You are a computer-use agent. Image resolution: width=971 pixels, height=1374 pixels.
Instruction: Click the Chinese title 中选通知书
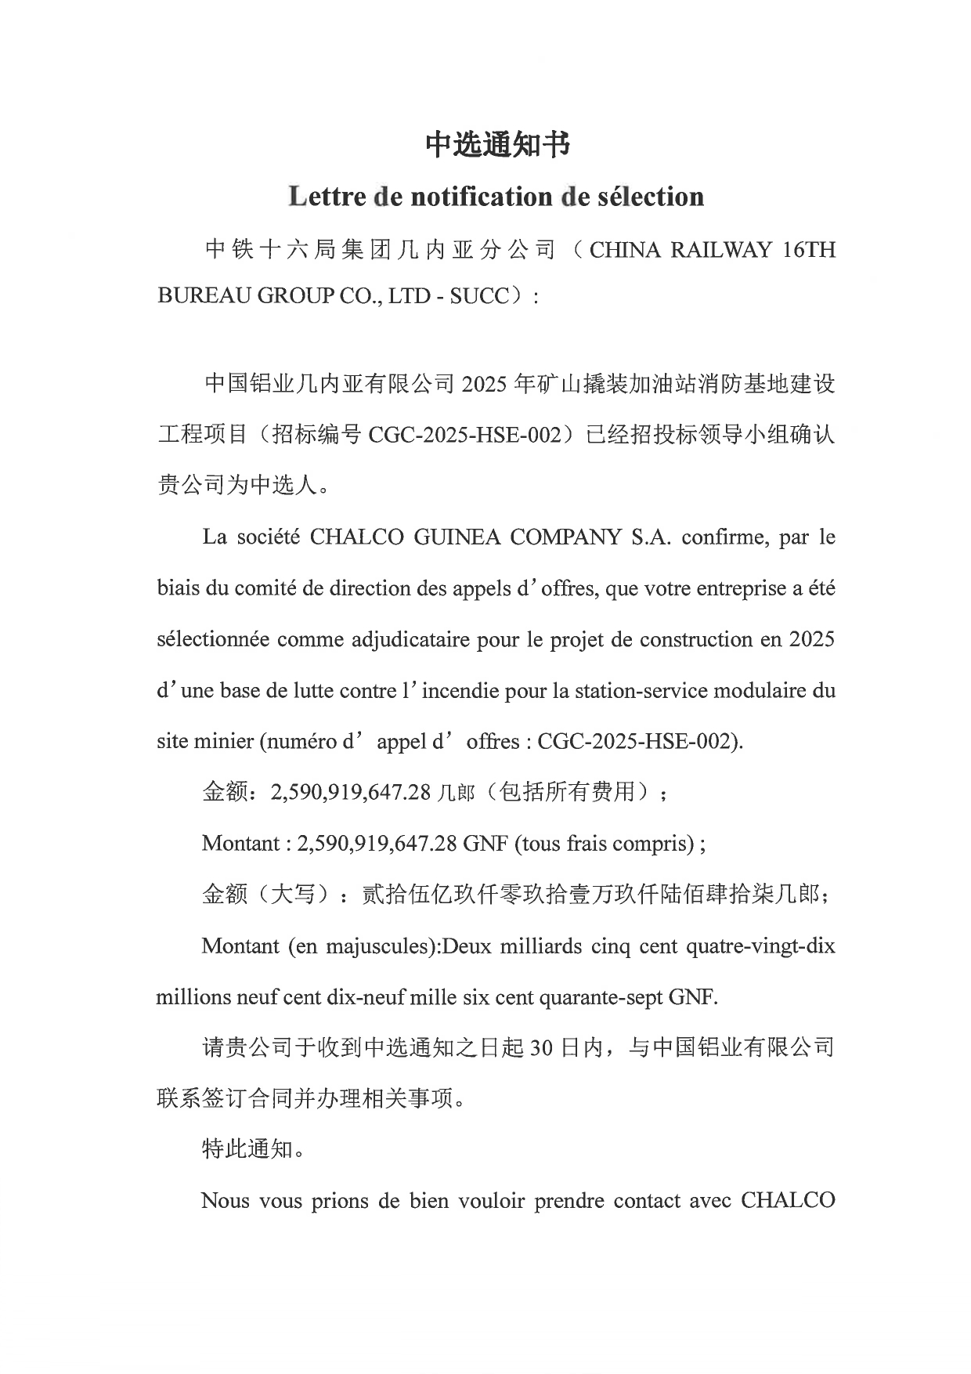coord(497,144)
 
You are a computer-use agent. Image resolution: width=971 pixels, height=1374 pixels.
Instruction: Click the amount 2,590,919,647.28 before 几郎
coord(351,792)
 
